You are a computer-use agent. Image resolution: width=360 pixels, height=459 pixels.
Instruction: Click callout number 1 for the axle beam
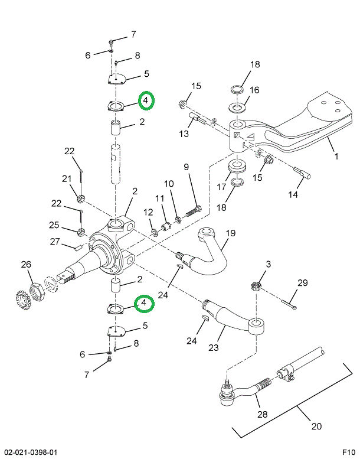tap(336, 157)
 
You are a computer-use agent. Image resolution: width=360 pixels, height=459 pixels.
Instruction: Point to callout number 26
tap(25, 264)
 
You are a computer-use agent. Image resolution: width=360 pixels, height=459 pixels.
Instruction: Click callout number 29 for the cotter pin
tap(302, 284)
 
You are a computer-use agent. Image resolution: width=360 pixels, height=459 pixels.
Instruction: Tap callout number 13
tap(184, 134)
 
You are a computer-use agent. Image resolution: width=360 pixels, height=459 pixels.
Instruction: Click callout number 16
tap(254, 90)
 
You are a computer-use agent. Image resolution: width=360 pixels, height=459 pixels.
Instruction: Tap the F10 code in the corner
tap(348, 453)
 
